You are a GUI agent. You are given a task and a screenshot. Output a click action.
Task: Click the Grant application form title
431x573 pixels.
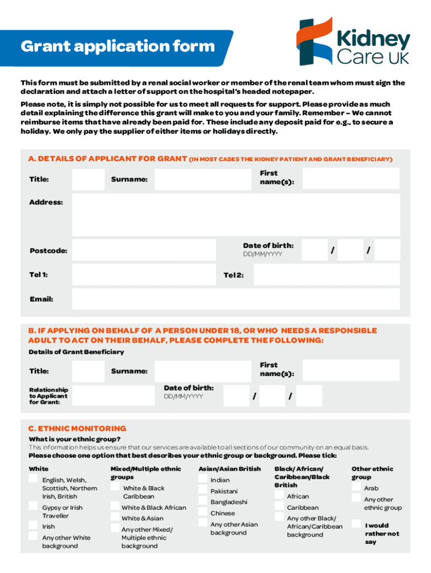coord(118,46)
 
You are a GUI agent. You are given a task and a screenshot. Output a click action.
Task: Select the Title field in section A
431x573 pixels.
coord(88,179)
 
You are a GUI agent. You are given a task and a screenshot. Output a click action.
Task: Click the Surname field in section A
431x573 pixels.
coord(202,179)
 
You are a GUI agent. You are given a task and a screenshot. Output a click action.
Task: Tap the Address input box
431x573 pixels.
coord(236,214)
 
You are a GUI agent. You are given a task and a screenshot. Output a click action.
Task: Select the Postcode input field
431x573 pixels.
coord(144,250)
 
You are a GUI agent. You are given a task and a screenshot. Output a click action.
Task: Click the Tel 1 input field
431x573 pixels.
coord(144,275)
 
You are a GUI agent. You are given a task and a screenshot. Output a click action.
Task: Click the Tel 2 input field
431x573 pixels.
coord(326,275)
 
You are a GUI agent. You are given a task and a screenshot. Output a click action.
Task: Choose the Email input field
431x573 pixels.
coord(236,299)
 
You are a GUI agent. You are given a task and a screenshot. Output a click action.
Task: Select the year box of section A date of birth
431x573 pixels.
coord(387,250)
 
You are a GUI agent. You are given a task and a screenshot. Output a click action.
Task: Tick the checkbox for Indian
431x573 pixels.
coord(203,479)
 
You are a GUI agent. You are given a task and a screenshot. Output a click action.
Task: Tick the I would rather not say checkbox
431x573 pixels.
coord(356,524)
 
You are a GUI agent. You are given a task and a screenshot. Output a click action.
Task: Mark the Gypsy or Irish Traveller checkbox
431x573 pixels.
coord(34,507)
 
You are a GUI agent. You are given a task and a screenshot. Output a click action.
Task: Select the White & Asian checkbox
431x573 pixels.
coord(114,518)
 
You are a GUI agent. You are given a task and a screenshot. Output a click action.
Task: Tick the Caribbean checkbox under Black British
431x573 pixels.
coord(279,507)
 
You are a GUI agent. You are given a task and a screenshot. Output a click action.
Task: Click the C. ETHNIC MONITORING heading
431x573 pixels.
coord(77,429)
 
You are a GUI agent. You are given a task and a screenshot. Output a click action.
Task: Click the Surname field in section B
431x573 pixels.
coord(202,370)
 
